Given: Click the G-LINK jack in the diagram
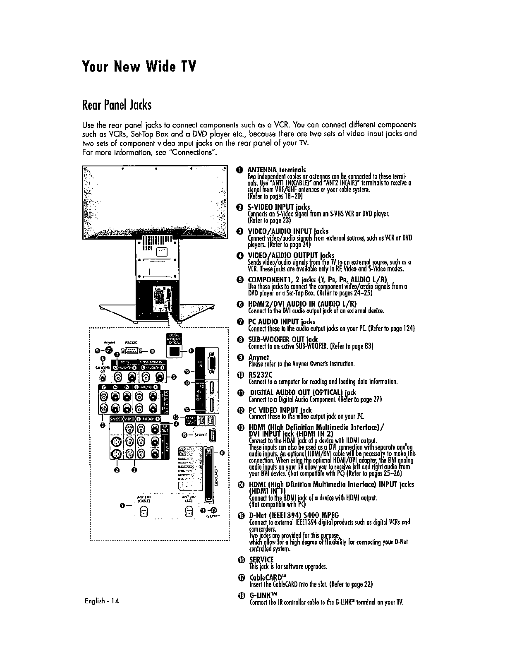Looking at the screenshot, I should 213,511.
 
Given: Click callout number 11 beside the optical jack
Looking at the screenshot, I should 191,351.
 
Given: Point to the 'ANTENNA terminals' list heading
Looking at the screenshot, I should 276,170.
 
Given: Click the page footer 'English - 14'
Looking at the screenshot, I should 101,601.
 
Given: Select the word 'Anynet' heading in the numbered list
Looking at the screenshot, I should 258,357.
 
